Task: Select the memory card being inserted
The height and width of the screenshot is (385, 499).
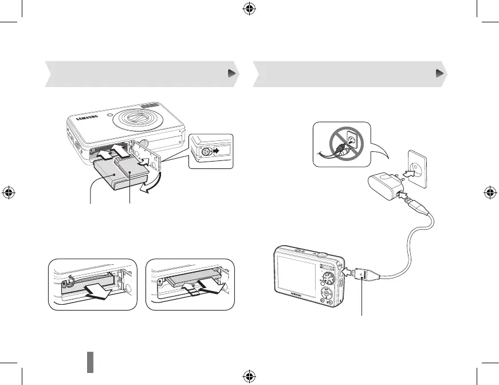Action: pyautogui.click(x=131, y=169)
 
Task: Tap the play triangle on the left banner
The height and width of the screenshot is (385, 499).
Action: pyautogui.click(x=231, y=73)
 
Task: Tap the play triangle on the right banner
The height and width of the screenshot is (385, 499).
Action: pyautogui.click(x=439, y=73)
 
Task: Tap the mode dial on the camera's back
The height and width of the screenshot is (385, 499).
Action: pyautogui.click(x=327, y=278)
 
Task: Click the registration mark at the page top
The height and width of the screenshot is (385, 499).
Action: pyautogui.click(x=249, y=10)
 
